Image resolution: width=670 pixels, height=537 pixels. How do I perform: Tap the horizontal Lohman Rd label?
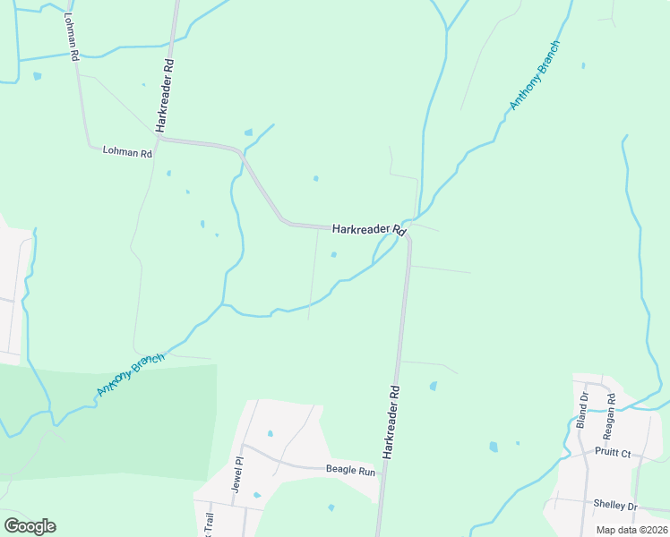click(127, 153)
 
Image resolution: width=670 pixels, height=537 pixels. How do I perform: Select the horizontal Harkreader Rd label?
click(369, 230)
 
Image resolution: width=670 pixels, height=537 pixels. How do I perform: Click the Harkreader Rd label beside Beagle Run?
click(391, 422)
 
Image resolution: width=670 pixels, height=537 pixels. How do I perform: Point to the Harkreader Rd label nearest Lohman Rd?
click(166, 97)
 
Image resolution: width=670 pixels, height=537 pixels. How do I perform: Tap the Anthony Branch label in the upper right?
click(534, 75)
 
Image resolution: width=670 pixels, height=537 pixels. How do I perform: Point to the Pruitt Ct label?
click(614, 454)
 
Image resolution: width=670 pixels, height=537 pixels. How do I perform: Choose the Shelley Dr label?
click(614, 505)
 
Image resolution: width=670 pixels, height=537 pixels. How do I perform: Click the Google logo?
click(30, 526)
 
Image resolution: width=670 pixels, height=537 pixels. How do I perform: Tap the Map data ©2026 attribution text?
click(631, 530)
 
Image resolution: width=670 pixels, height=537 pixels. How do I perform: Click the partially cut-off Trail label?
click(210, 524)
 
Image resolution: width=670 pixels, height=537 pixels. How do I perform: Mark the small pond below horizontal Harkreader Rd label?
click(334, 254)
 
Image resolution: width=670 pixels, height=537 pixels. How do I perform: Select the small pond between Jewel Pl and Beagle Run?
click(270, 434)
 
